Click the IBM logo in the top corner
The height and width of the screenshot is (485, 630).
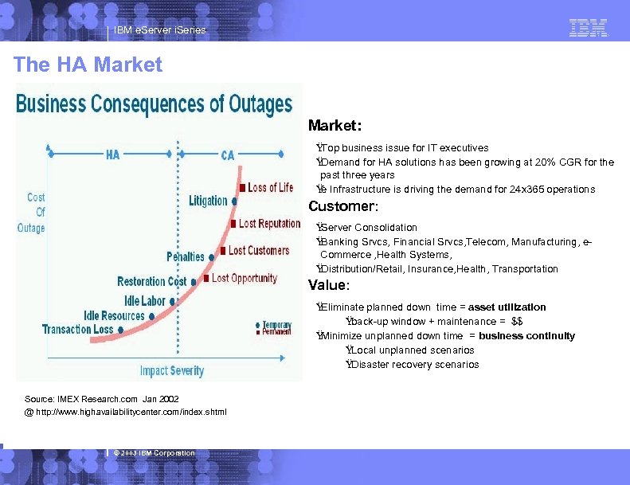click(x=588, y=29)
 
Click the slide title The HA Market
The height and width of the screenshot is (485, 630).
click(x=88, y=65)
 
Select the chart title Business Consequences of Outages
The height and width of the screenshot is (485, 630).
click(x=155, y=104)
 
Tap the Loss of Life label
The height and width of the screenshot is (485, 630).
click(x=270, y=188)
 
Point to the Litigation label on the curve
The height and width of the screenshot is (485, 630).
click(x=208, y=201)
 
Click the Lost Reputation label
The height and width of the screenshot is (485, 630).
click(x=269, y=224)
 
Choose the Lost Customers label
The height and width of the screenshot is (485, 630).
click(x=258, y=251)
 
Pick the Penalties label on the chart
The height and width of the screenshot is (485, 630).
click(x=185, y=256)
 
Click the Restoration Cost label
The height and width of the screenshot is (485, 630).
click(x=151, y=281)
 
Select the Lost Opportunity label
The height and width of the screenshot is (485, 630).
click(x=244, y=278)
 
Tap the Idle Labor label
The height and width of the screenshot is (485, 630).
click(x=144, y=301)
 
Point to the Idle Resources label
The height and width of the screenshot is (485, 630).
click(x=114, y=315)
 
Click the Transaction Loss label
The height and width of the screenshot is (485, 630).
click(x=78, y=329)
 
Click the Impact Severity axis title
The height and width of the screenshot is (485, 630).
click(x=171, y=370)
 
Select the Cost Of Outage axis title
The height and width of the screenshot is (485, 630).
click(x=31, y=213)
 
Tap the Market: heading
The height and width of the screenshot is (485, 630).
click(x=335, y=126)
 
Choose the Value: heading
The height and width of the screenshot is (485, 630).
click(x=329, y=285)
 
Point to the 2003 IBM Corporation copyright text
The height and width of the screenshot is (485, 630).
click(x=155, y=453)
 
